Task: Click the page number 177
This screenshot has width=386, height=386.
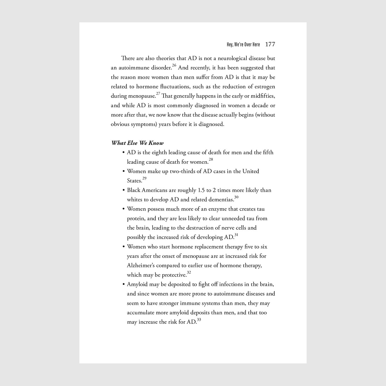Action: point(270,44)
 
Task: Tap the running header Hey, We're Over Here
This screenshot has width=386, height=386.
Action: point(243,45)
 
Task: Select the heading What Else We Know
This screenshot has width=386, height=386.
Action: point(137,143)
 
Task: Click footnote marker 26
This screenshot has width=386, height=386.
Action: point(174,65)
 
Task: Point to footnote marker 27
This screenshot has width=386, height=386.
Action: point(158,94)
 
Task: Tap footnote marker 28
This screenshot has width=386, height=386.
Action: point(211,159)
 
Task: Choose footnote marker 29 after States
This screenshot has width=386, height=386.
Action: point(144,178)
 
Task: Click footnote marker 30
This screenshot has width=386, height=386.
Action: point(236,197)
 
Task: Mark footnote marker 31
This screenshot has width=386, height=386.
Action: point(236,235)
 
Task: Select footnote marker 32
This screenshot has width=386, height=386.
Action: point(189,272)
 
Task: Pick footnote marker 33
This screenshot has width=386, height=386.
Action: point(199,320)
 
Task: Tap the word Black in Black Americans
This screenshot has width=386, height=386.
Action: point(133,190)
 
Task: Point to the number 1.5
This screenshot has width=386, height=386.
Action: point(201,190)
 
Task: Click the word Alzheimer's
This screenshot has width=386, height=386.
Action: point(141,266)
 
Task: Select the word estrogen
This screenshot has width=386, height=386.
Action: point(265,87)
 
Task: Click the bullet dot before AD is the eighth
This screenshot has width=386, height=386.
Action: point(124,152)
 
